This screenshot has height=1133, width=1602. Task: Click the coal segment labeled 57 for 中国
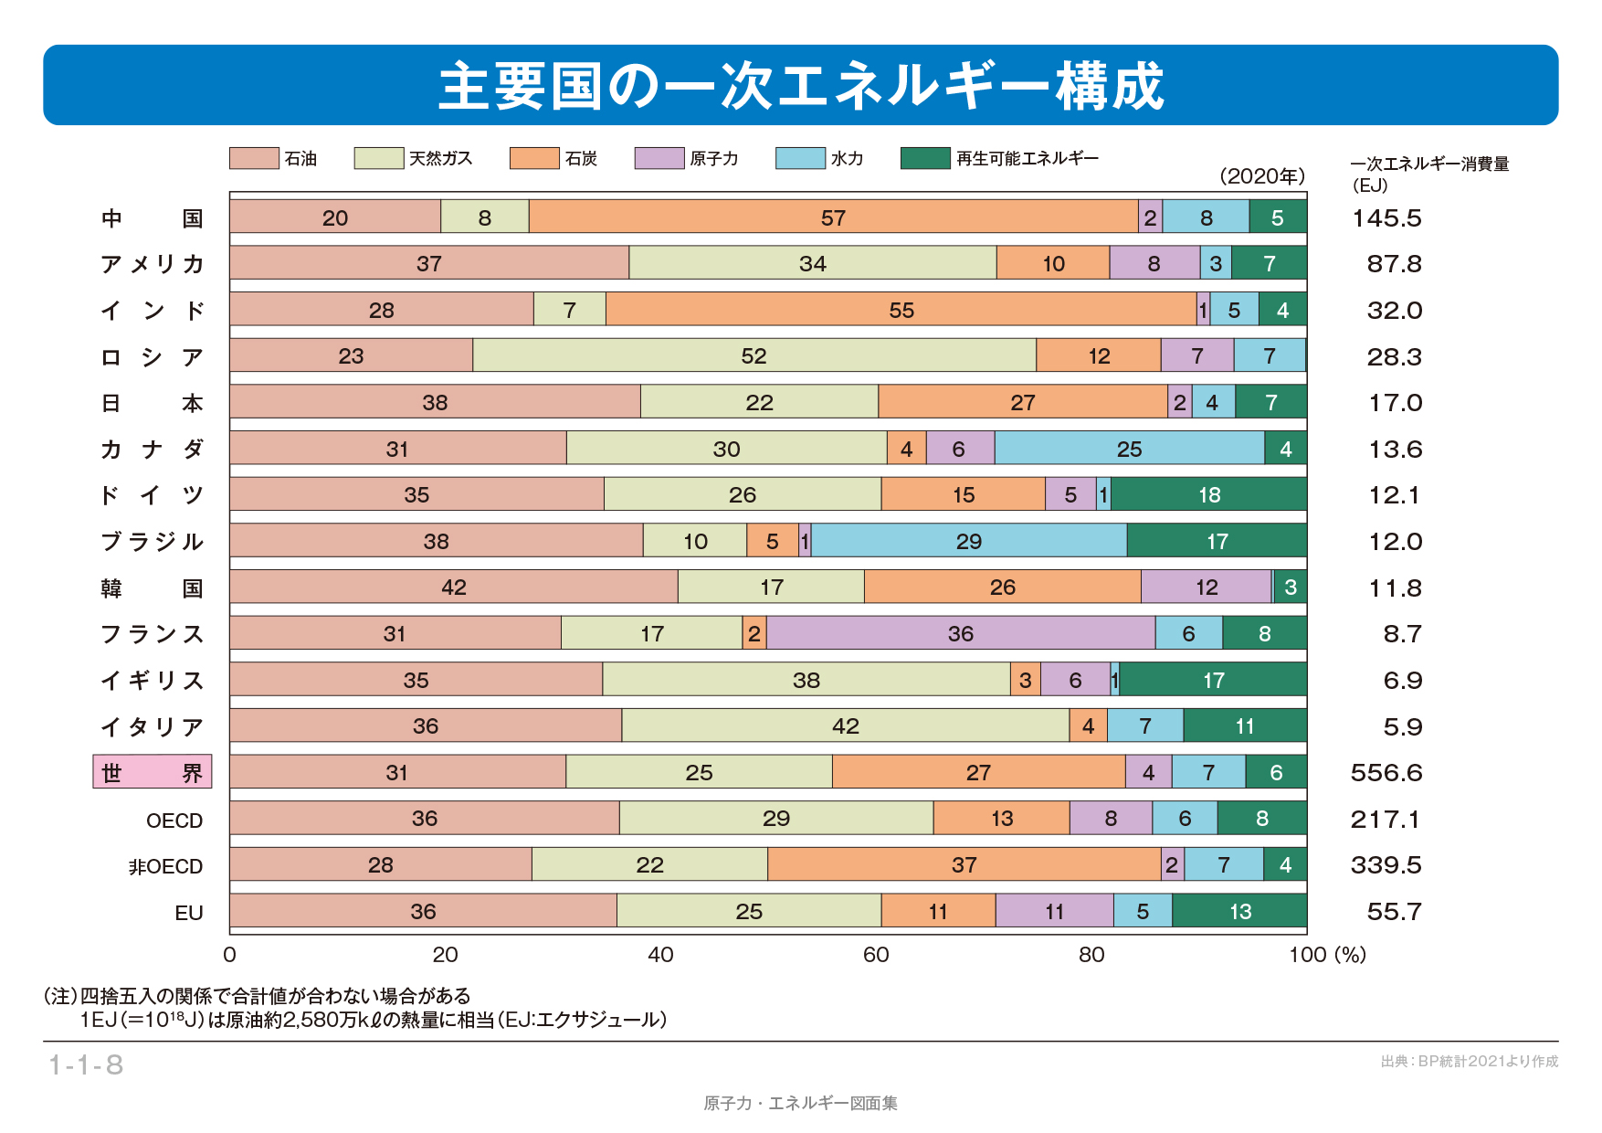833,217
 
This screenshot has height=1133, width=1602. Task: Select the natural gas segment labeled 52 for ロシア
754,355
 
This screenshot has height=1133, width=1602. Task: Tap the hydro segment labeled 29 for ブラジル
969,541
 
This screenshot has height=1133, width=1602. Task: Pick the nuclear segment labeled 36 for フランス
961,633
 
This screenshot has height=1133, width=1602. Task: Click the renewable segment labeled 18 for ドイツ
1209,494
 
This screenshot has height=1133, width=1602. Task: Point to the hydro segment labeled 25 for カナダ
1130,449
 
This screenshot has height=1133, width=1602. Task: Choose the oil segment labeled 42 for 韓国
454,587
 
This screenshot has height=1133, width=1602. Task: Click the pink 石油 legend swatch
254,158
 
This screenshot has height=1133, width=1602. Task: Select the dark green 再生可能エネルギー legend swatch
924,158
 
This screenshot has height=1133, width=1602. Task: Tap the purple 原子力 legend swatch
659,158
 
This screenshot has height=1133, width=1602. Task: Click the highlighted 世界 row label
153,772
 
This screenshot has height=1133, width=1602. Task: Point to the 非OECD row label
165,866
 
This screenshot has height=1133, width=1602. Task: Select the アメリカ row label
153,264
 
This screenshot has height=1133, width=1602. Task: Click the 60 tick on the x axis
876,955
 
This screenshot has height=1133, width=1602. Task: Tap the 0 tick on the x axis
229,955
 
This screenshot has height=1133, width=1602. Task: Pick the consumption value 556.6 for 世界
1386,773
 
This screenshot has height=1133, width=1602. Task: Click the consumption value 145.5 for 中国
1386,218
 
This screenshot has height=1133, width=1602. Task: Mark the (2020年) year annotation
1262,176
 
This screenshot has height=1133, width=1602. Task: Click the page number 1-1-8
86,1064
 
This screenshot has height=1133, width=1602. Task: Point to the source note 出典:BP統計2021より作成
1469,1061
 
